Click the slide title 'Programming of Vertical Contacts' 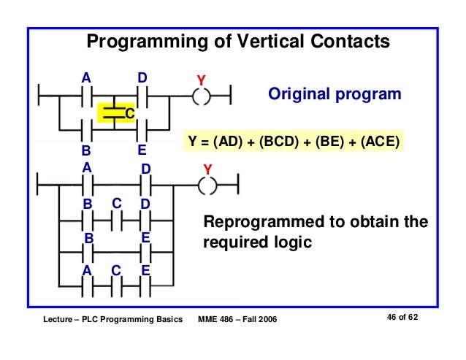click(238, 42)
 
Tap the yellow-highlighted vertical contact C click(114, 112)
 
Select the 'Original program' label click(335, 94)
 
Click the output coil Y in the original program click(201, 95)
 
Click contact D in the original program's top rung click(142, 95)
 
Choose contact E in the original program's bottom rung click(142, 131)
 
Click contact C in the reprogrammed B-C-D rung click(116, 218)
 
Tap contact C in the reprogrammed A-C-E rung click(116, 286)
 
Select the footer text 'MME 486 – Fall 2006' click(237, 321)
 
